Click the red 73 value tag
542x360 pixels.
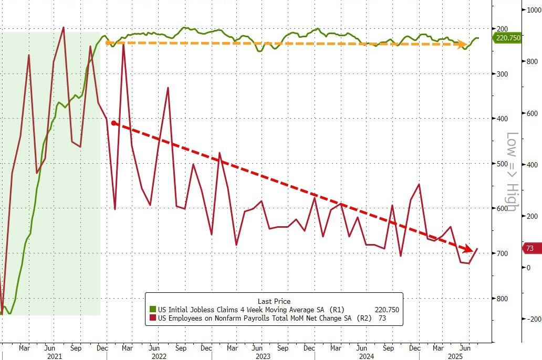pos(529,248)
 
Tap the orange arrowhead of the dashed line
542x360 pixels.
pos(464,45)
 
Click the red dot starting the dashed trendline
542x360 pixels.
pos(113,123)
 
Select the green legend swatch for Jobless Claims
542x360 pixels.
pos(153,310)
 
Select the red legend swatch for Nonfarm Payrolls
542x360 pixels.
pos(153,318)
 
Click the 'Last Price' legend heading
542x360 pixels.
pos(273,301)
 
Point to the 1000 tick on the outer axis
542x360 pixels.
pos(531,10)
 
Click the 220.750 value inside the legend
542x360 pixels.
pos(387,310)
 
